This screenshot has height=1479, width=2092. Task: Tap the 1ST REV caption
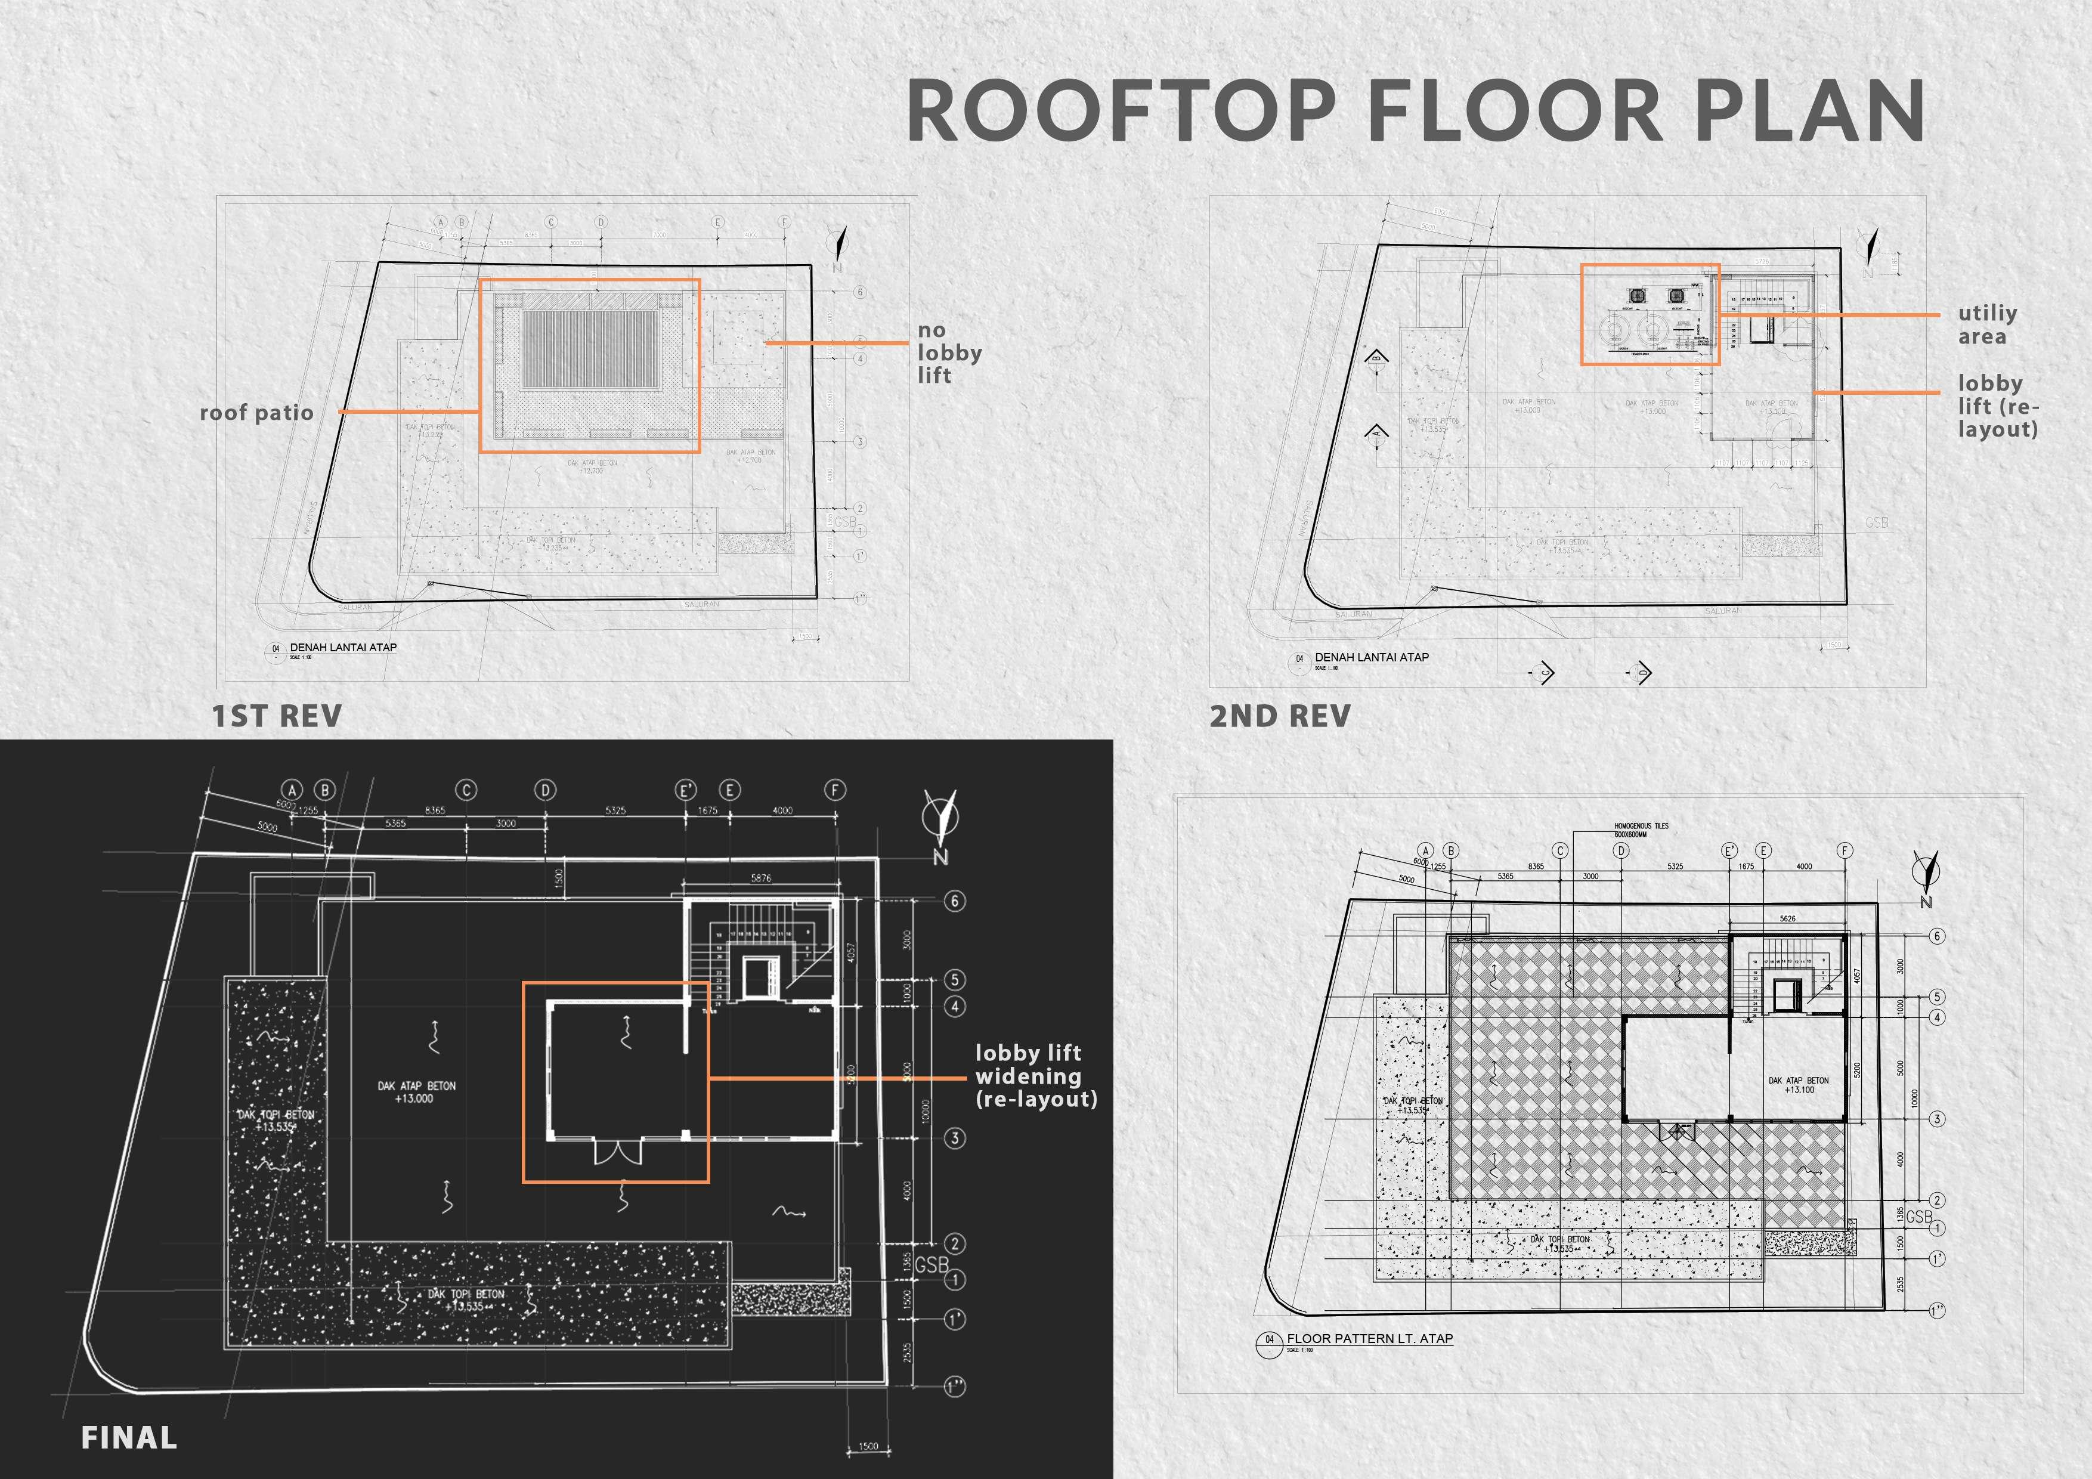[277, 716]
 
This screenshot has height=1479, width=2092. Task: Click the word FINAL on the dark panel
[128, 1438]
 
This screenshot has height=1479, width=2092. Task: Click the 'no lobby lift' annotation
[949, 352]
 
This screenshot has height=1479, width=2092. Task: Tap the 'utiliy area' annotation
[1987, 324]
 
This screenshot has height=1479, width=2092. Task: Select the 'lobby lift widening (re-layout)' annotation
[1035, 1076]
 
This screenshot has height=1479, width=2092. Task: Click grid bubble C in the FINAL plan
[466, 790]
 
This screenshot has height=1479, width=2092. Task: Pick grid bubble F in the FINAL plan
[835, 790]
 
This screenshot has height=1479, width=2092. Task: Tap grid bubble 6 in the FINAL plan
[954, 901]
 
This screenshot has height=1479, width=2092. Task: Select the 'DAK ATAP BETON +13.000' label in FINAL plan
[416, 1093]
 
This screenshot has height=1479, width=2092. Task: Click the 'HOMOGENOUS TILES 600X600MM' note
[1641, 830]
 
